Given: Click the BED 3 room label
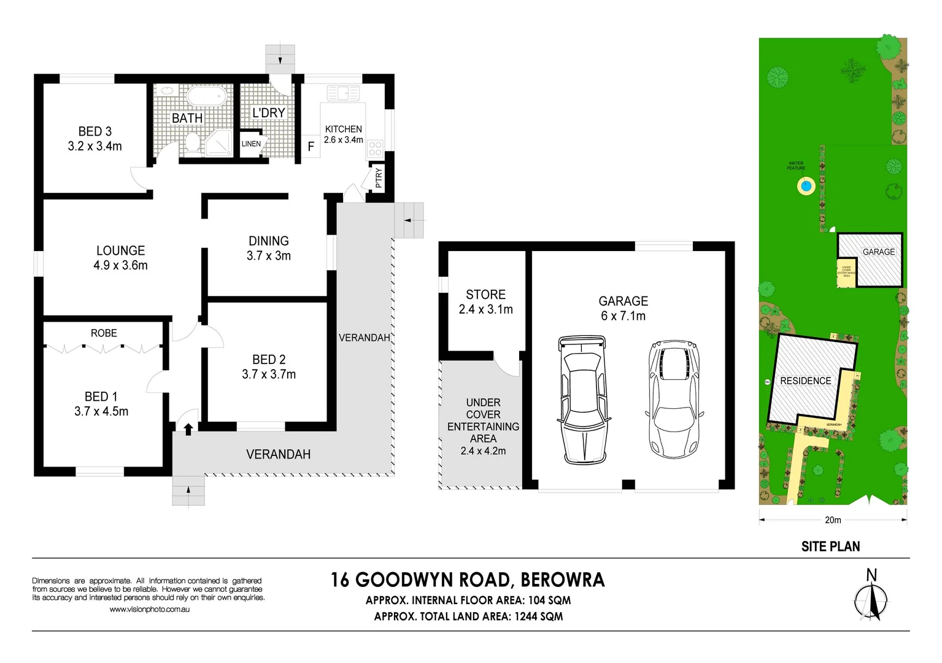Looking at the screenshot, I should (95, 131).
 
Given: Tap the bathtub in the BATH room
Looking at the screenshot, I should (206, 96).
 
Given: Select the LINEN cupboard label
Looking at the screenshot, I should (251, 144).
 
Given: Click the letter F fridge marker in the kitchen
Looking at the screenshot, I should (311, 147).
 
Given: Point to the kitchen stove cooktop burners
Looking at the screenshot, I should (375, 149).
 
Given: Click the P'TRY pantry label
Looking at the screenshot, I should (379, 177).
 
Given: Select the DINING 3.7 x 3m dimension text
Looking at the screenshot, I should (269, 256).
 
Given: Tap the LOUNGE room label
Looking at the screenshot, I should (121, 250).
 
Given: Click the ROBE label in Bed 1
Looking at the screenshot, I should (104, 333).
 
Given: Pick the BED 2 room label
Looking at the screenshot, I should (269, 360).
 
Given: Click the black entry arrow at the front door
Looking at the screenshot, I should (188, 428).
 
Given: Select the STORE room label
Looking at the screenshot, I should (485, 295).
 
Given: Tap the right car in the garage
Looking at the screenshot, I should (674, 399).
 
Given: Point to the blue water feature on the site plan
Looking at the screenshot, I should (806, 185).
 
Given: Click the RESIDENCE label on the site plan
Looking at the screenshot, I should (805, 381).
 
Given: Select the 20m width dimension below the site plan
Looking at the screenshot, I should (833, 520).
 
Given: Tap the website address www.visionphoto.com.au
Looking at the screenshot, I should (149, 610).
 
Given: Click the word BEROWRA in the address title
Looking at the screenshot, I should (562, 580).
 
